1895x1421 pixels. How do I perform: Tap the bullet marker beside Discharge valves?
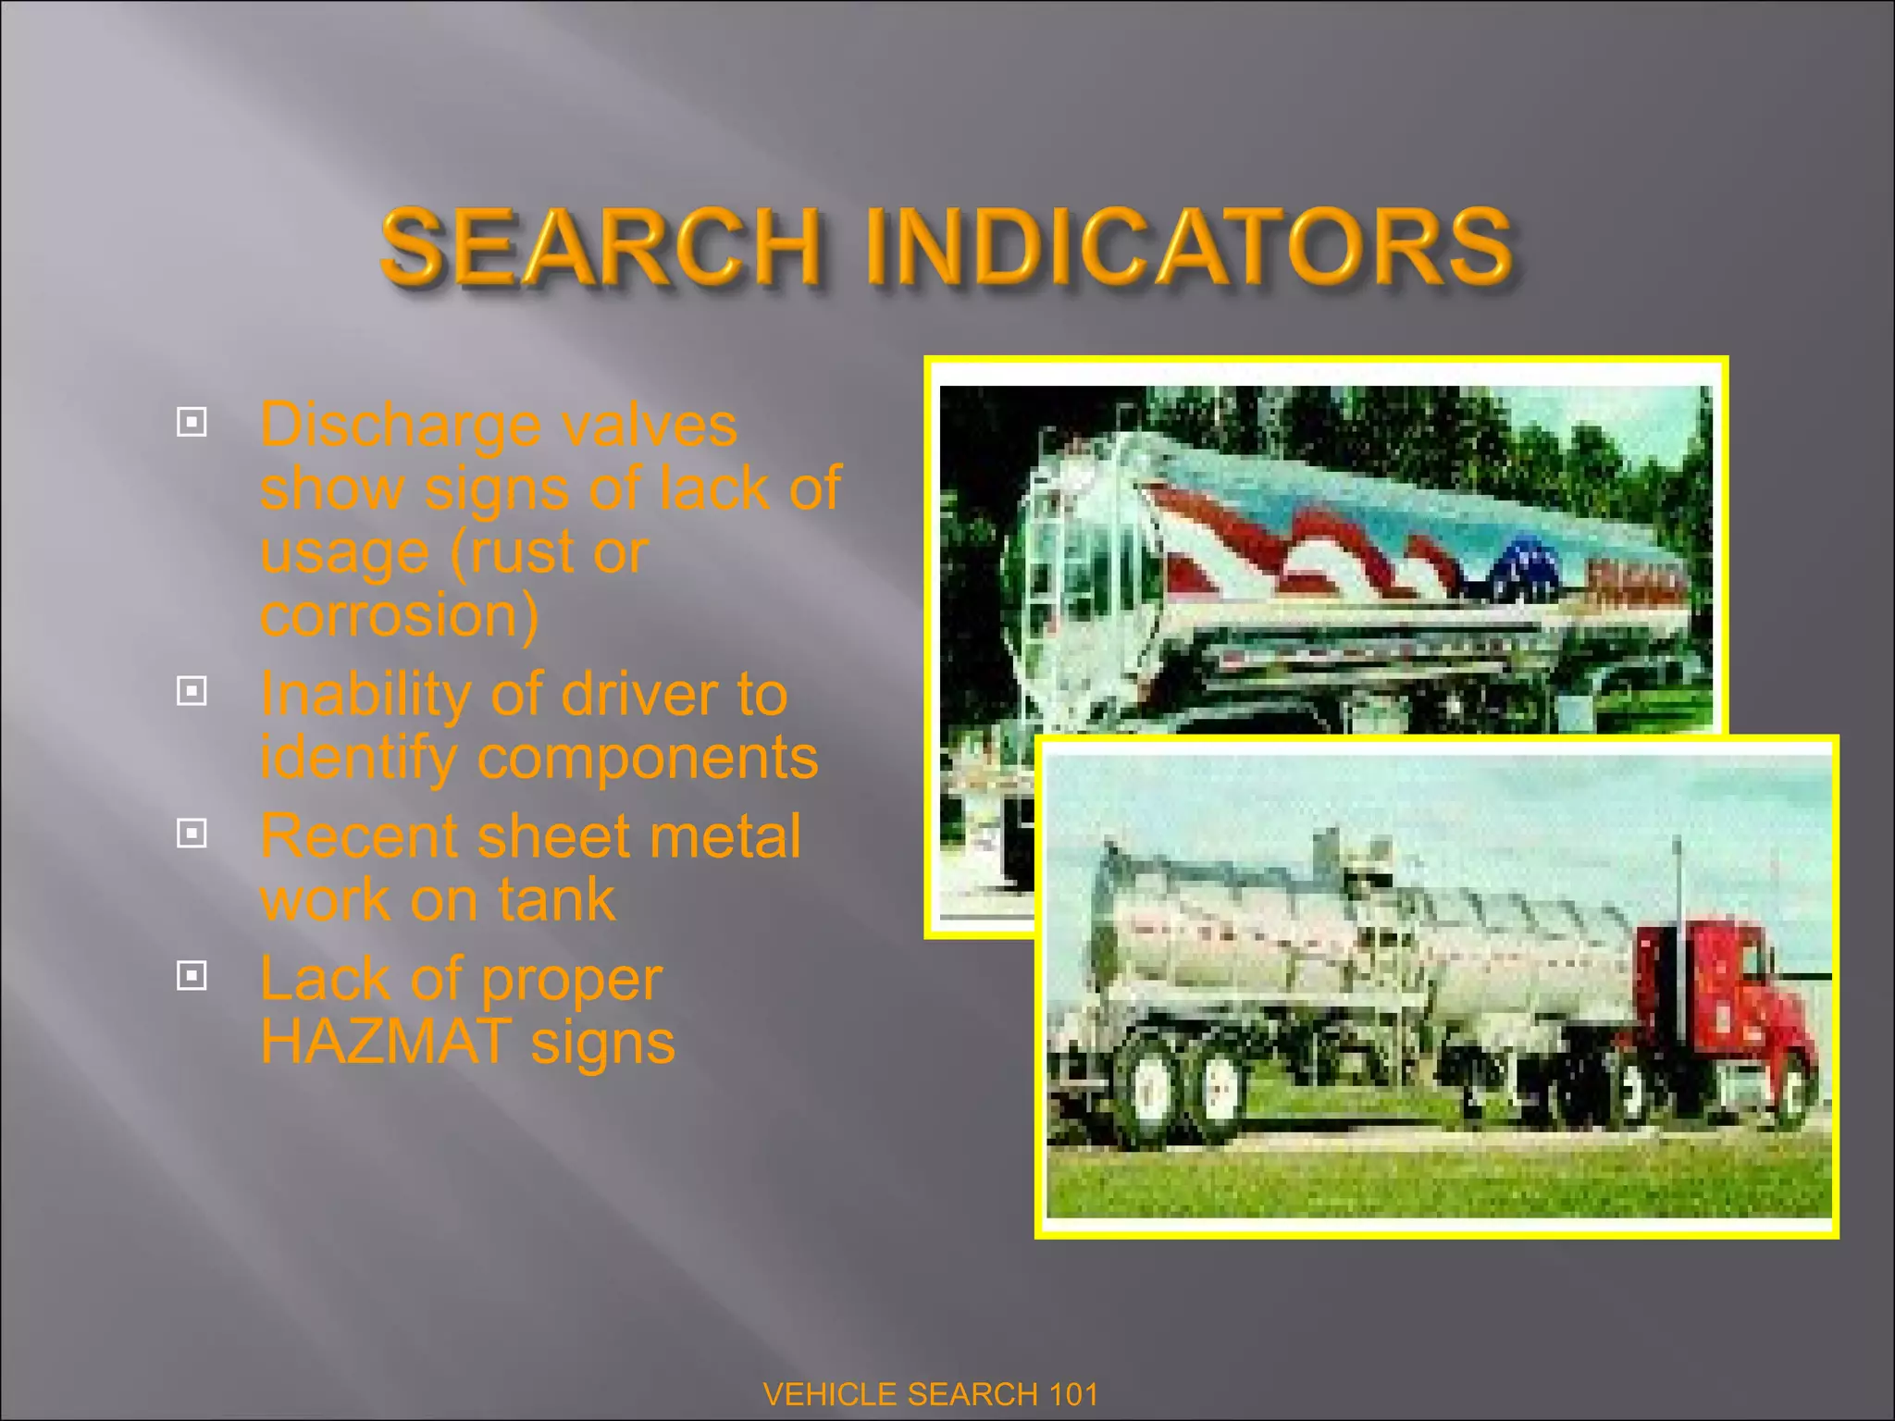192,423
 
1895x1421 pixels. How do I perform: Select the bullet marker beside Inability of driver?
192,690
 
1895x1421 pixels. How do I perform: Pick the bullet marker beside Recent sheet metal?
192,834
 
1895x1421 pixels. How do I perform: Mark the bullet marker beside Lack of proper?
192,975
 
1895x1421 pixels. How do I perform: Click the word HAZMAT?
386,1042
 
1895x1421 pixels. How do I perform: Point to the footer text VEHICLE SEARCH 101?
931,1393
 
